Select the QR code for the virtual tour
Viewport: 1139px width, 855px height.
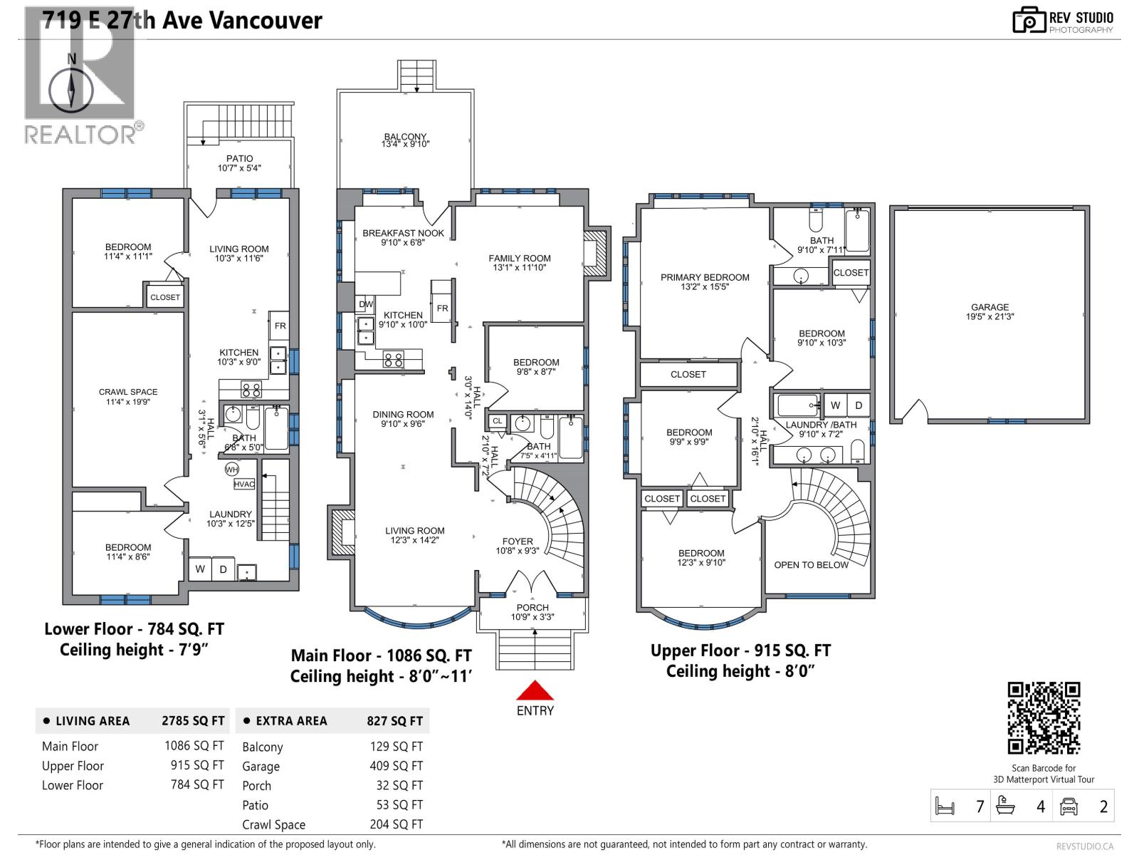[x=1044, y=718]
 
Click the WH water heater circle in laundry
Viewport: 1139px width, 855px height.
[x=232, y=470]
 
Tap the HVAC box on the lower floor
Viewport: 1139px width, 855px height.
[x=244, y=484]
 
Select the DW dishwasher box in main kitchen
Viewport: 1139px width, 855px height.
[x=366, y=304]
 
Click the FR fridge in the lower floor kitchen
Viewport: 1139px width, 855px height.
[x=280, y=326]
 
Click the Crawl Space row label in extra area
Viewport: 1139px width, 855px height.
[x=273, y=824]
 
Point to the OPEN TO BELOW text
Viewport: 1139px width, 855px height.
[x=811, y=565]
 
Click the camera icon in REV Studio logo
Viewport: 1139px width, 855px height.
[x=1029, y=21]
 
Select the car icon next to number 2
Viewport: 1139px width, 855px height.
[x=1069, y=807]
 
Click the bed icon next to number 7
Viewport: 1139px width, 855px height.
[x=945, y=807]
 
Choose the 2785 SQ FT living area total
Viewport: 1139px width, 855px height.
[x=192, y=721]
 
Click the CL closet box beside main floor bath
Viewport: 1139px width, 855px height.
[x=497, y=421]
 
